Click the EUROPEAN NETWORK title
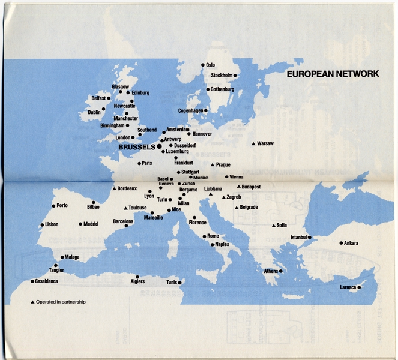[x=333, y=74]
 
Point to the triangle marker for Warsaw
[x=253, y=143]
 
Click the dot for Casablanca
[x=32, y=281]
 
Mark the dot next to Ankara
[x=342, y=243]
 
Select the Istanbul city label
[x=299, y=238]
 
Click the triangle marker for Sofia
[x=274, y=225]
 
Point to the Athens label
[x=271, y=271]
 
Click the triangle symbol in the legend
[x=32, y=301]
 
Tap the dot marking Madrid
[x=80, y=224]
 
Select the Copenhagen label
[x=190, y=111]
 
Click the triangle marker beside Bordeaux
[x=113, y=188]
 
